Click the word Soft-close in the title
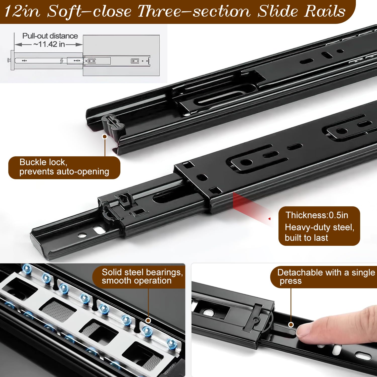click(89, 12)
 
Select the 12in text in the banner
click(22, 12)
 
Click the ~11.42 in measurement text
click(49, 44)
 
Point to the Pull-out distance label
click(50, 36)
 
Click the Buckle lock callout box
click(64, 168)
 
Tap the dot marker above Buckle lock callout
click(105, 136)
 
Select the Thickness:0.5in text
click(317, 215)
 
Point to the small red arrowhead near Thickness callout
click(269, 219)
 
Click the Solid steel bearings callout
click(139, 277)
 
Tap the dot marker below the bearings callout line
click(148, 320)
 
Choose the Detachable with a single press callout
click(324, 277)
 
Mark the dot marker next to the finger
click(291, 324)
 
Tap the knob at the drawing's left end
click(9, 60)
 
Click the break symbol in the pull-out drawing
click(62, 61)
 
